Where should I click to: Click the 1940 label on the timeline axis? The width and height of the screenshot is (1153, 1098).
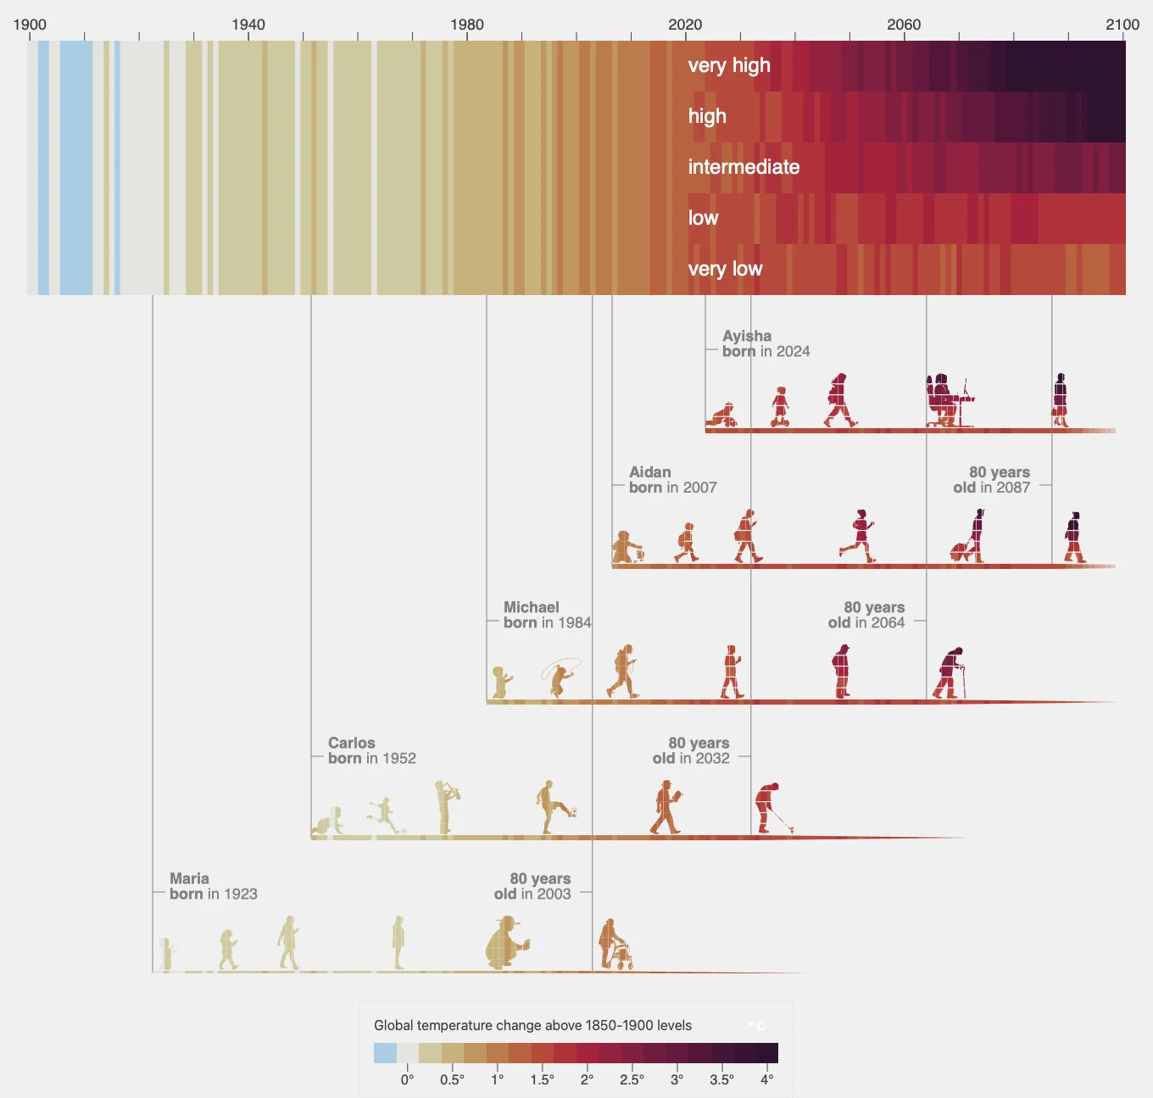[248, 25]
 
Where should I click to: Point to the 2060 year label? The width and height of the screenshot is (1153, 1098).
[903, 25]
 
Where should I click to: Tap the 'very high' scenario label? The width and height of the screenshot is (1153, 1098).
[729, 65]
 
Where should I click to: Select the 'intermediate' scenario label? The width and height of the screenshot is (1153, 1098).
[744, 167]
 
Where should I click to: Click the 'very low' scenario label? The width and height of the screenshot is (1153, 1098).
[725, 269]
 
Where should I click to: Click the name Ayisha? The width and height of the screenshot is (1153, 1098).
[747, 336]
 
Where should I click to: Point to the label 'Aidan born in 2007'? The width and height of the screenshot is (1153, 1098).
[672, 480]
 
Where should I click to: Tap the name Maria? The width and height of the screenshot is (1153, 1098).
[189, 878]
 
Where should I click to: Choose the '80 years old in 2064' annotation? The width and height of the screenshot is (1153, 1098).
[866, 615]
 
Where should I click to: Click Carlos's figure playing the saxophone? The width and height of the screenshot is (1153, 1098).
[445, 806]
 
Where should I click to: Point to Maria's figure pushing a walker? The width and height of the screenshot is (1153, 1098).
[615, 945]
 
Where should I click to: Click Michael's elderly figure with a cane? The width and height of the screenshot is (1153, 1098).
[950, 673]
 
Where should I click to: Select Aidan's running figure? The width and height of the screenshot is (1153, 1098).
[859, 536]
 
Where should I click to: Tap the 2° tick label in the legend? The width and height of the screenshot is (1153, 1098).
[587, 1079]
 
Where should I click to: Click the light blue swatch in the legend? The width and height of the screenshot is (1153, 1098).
[385, 1053]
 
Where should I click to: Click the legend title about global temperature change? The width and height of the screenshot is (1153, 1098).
[532, 1025]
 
